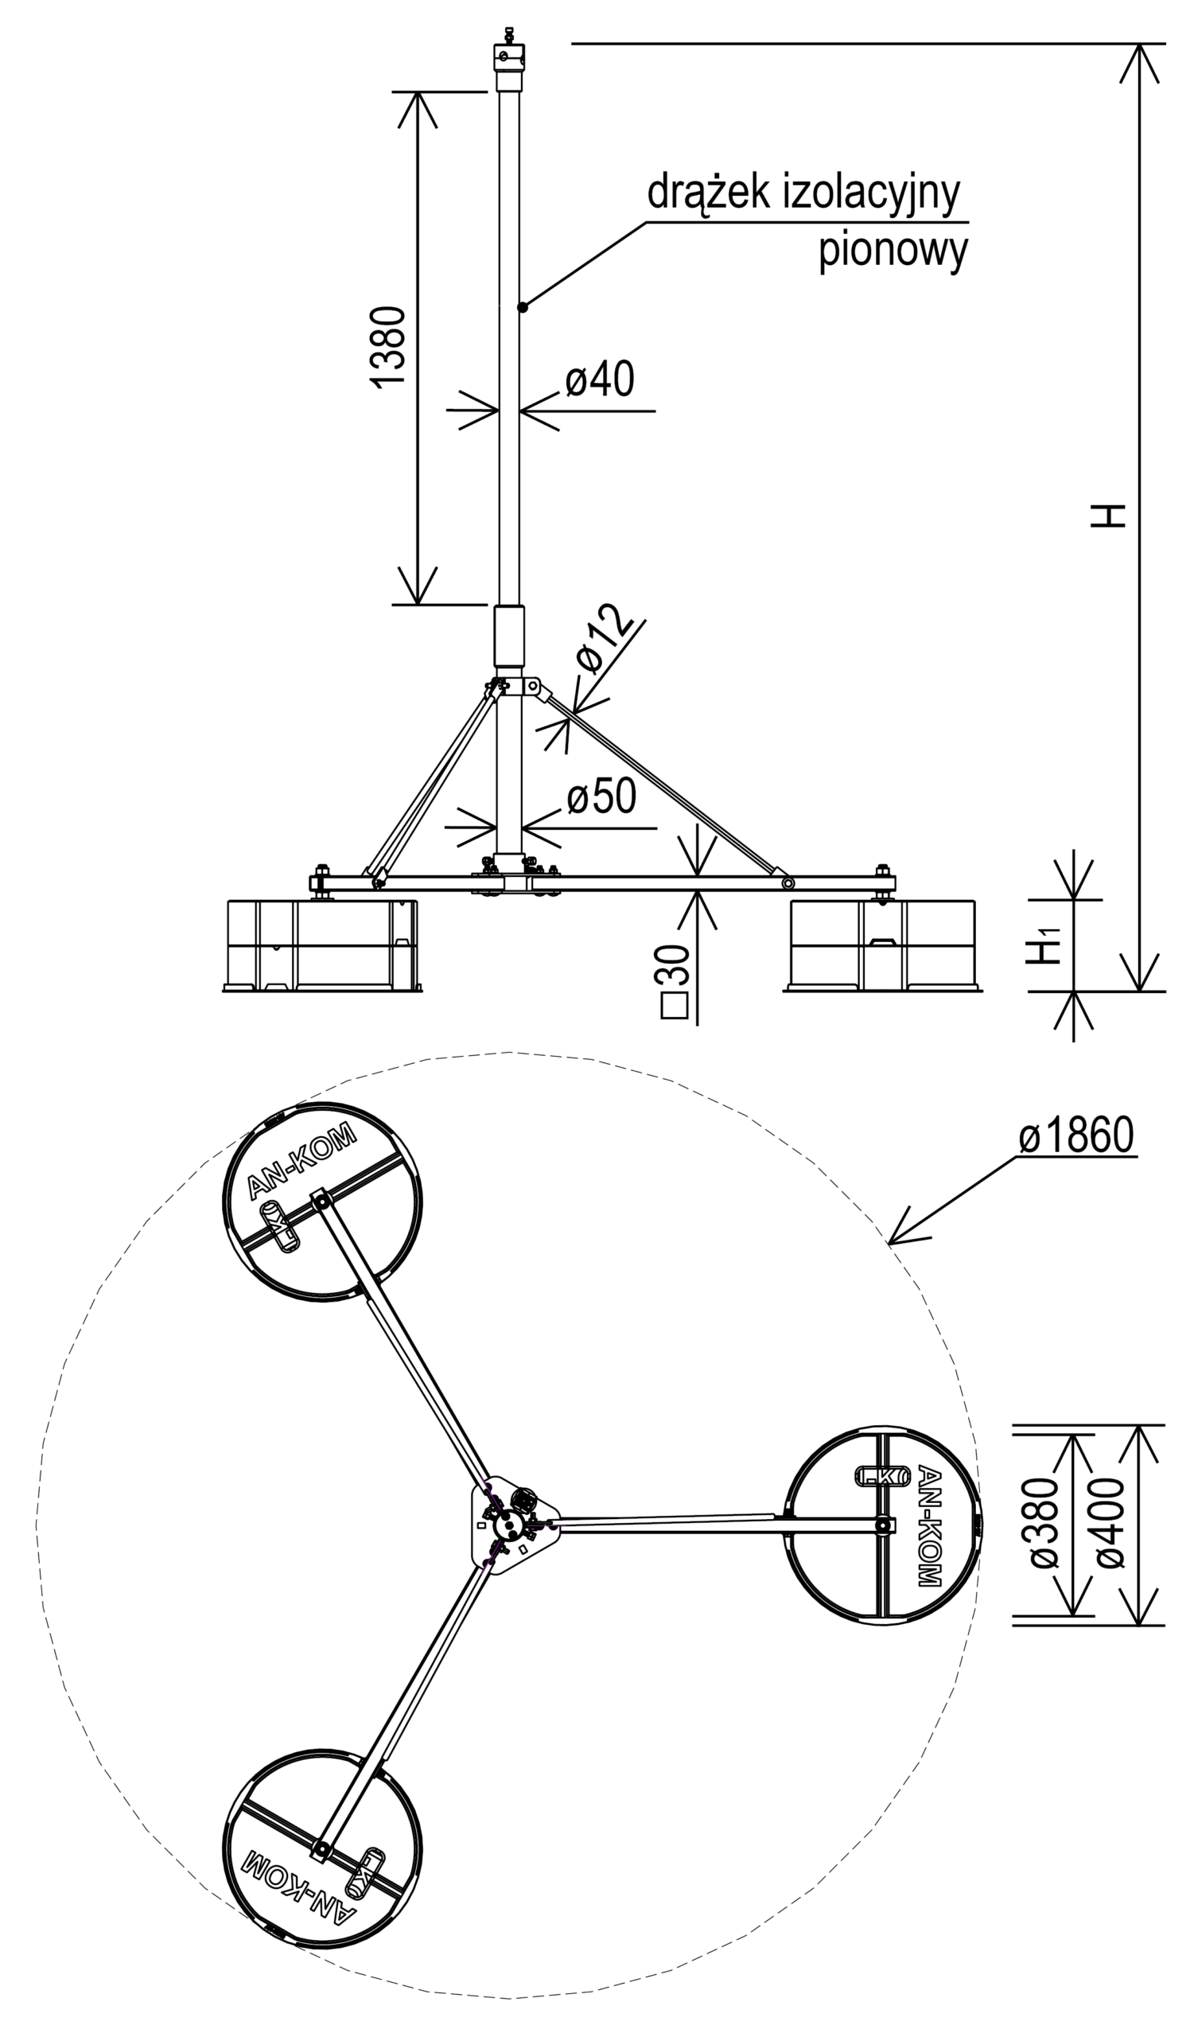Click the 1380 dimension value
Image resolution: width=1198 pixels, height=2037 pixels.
390,348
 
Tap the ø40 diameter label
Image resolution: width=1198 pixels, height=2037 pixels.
600,380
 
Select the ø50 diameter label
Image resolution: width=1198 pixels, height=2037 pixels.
601,798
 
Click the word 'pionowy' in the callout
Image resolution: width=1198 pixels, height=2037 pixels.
893,251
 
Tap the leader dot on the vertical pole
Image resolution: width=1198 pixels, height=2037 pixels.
523,306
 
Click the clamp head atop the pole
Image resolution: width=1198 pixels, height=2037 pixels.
509,63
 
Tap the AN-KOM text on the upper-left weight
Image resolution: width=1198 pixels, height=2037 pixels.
301,1161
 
